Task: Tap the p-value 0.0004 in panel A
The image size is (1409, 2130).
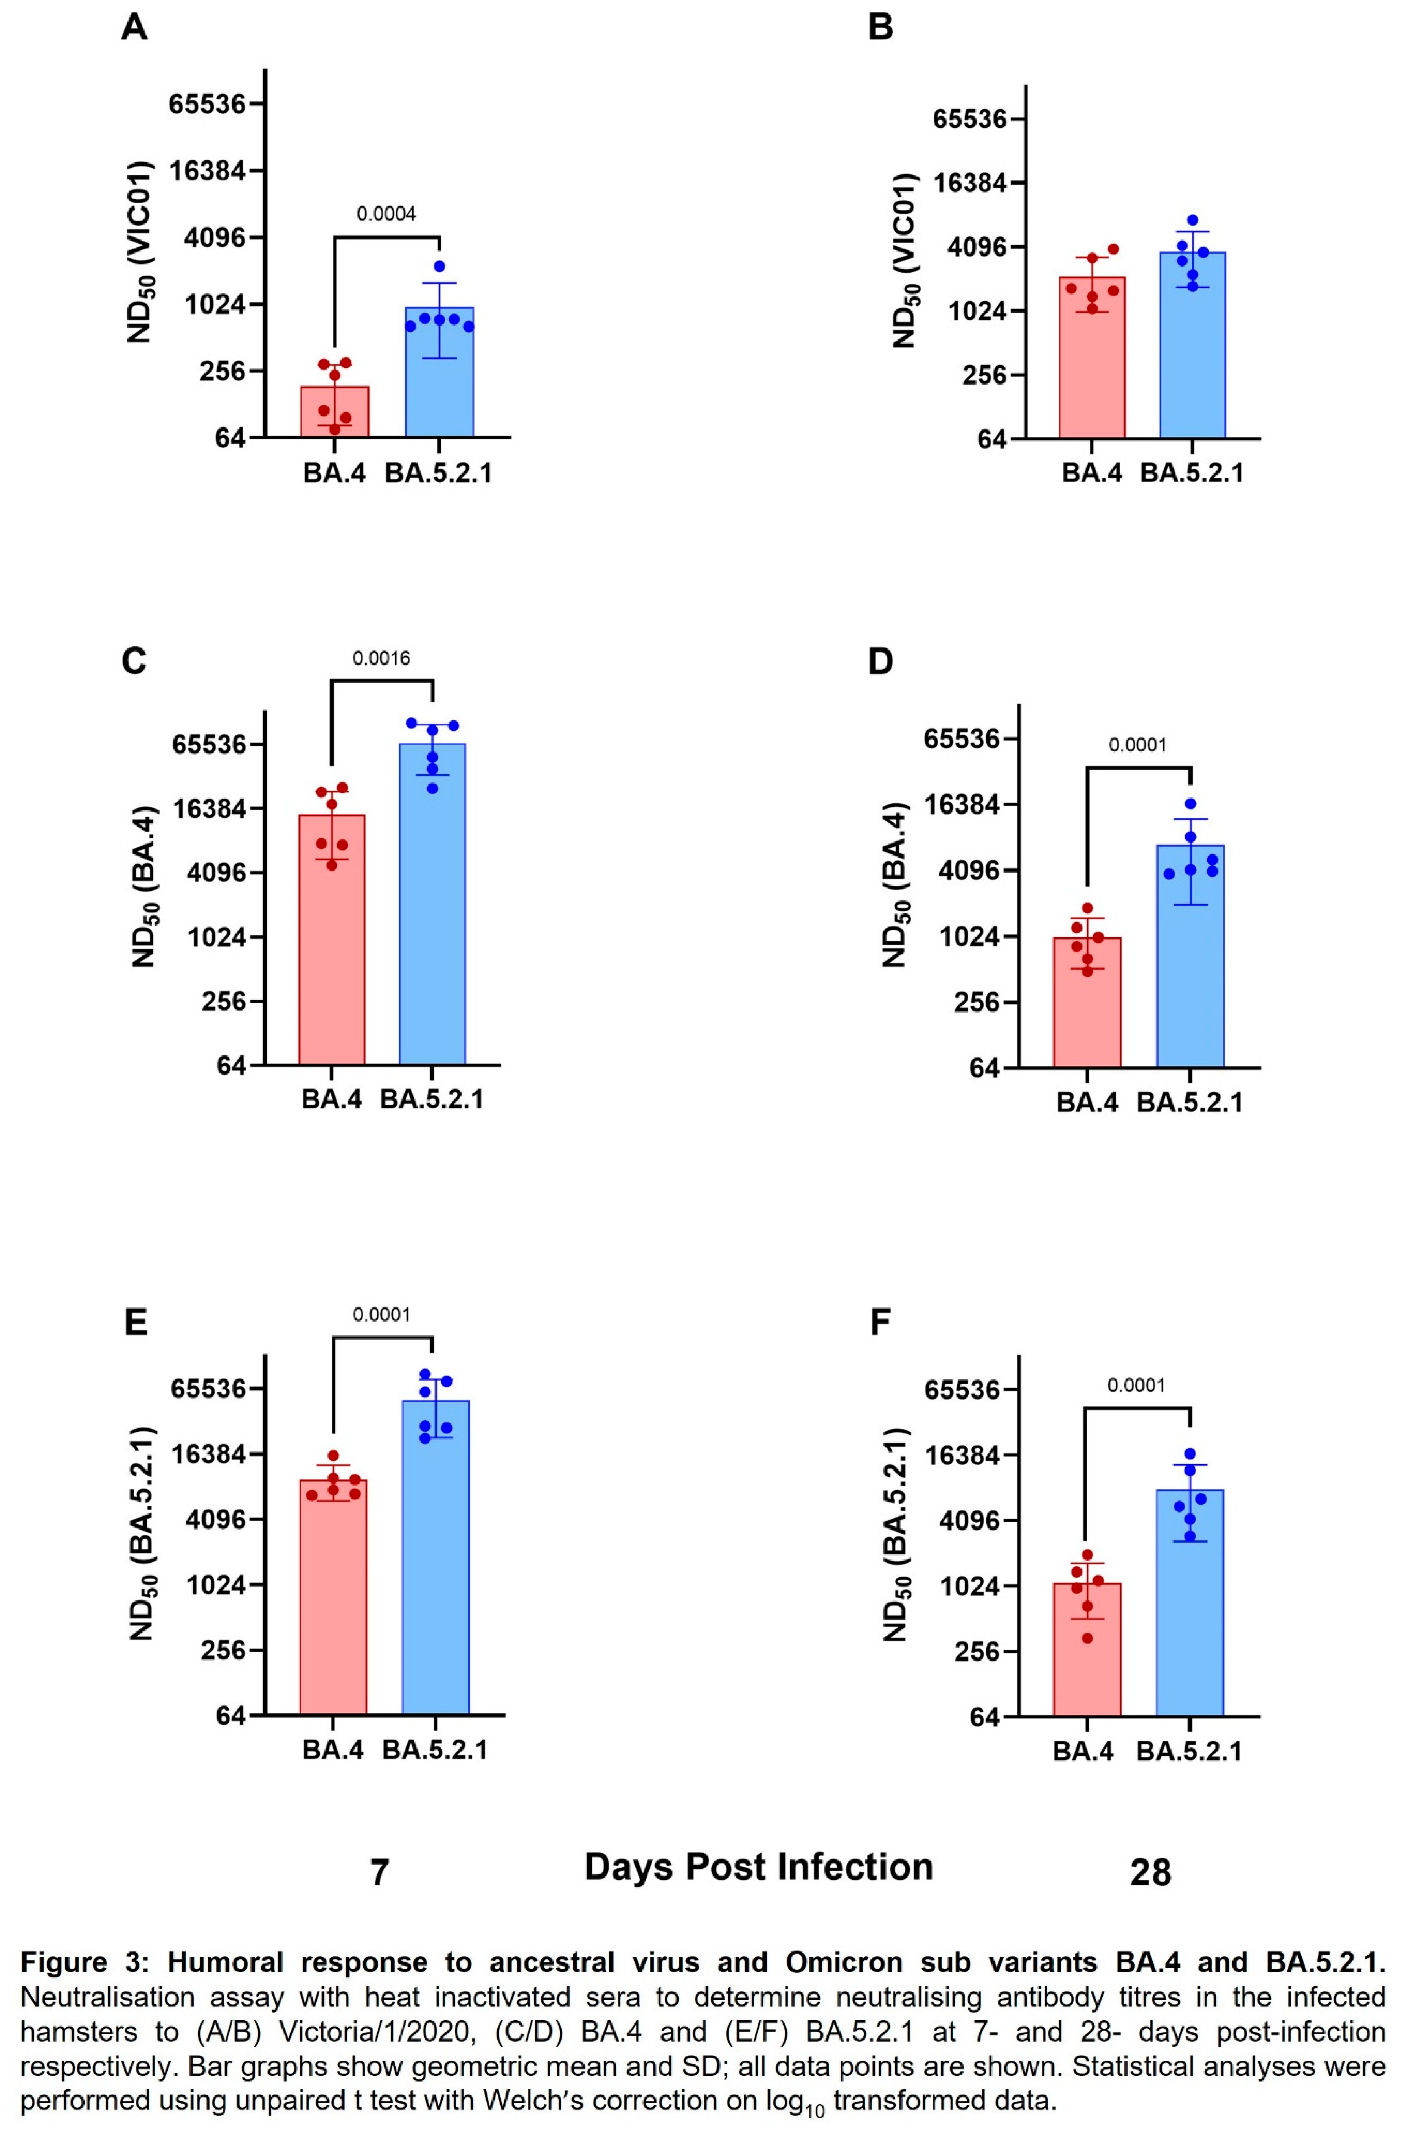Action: (x=386, y=214)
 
